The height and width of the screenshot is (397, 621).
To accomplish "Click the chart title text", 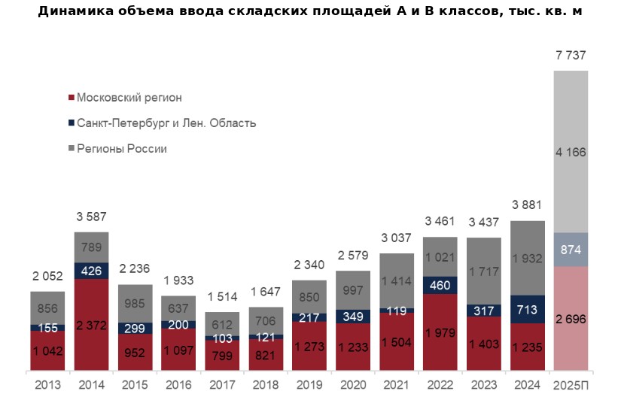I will coord(309,11).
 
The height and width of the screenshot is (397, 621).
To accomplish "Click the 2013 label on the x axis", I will coord(47,384).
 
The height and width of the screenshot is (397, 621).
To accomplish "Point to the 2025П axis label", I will coord(571,384).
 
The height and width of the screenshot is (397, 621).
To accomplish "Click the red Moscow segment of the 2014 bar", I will coord(91,325).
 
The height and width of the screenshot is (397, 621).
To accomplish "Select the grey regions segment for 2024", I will coord(528,258).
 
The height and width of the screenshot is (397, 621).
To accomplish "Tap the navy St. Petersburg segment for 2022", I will coord(440,286).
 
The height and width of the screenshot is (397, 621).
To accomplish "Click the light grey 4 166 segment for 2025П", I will coord(571,152).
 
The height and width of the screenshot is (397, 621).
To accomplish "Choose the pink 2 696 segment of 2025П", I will coord(571,319).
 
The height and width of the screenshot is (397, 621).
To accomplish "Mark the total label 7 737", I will coord(571,56).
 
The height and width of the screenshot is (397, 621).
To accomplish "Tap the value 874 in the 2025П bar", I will coord(571,250).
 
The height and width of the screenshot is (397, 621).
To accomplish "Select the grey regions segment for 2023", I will coord(484,271).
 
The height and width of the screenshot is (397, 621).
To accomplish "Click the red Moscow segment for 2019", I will coord(309,347).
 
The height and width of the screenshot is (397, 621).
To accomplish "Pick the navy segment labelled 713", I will coord(528,309).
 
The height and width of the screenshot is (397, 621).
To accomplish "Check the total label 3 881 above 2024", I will coord(528,206).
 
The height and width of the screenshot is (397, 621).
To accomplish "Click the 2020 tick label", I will coord(353,384).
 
